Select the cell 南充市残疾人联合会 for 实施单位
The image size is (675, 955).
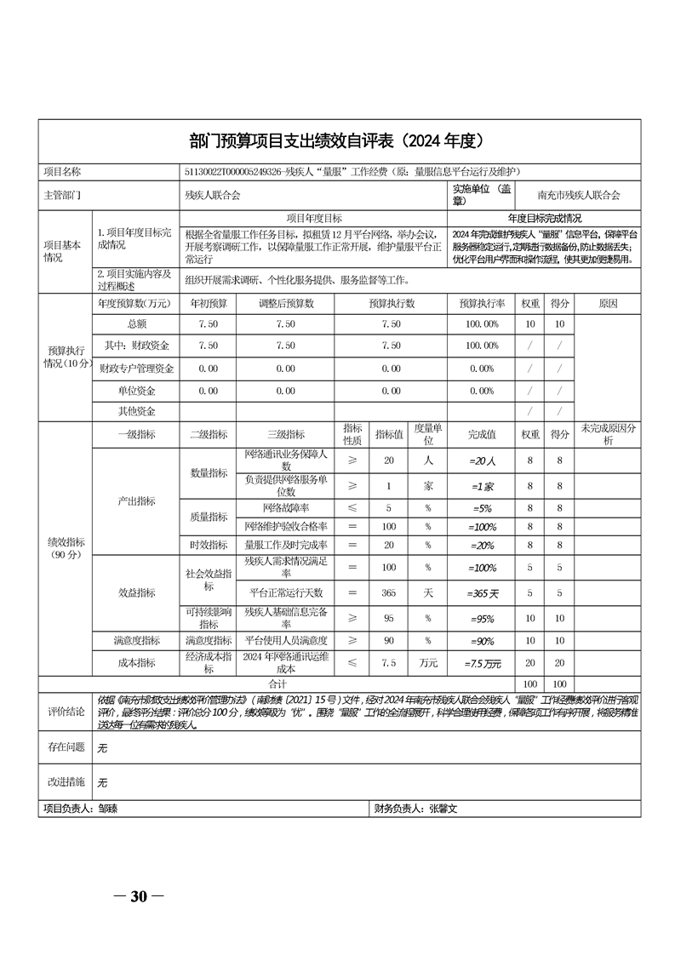(584, 195)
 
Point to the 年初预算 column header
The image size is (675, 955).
(208, 303)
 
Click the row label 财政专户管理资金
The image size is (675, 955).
(137, 369)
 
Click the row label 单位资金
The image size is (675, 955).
(137, 391)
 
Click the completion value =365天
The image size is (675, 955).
(483, 592)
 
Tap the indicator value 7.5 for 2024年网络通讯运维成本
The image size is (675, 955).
(389, 662)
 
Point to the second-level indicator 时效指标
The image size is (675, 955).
(209, 545)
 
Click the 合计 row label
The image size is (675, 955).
(277, 683)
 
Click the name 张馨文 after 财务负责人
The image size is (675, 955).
(443, 809)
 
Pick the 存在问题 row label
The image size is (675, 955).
(66, 746)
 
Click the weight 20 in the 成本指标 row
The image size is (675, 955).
(529, 662)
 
